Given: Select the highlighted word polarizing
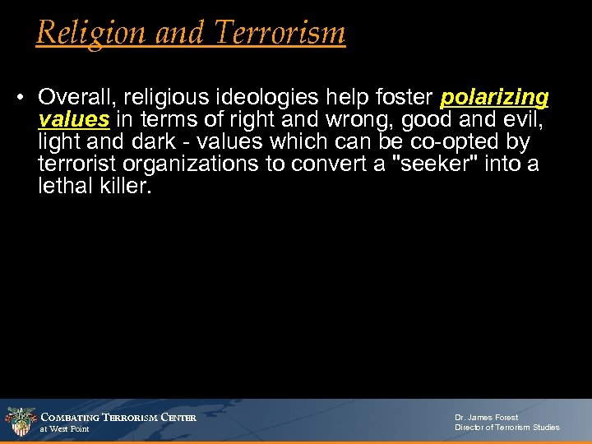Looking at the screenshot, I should point(494,98).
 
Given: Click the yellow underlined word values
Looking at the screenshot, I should point(73,120).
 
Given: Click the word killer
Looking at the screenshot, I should point(124,187).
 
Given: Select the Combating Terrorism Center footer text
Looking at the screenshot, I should point(118,418).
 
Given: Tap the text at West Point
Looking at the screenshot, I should point(65,429).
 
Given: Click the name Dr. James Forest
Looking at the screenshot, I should point(487,418).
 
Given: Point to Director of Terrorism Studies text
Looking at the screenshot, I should point(506,428).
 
